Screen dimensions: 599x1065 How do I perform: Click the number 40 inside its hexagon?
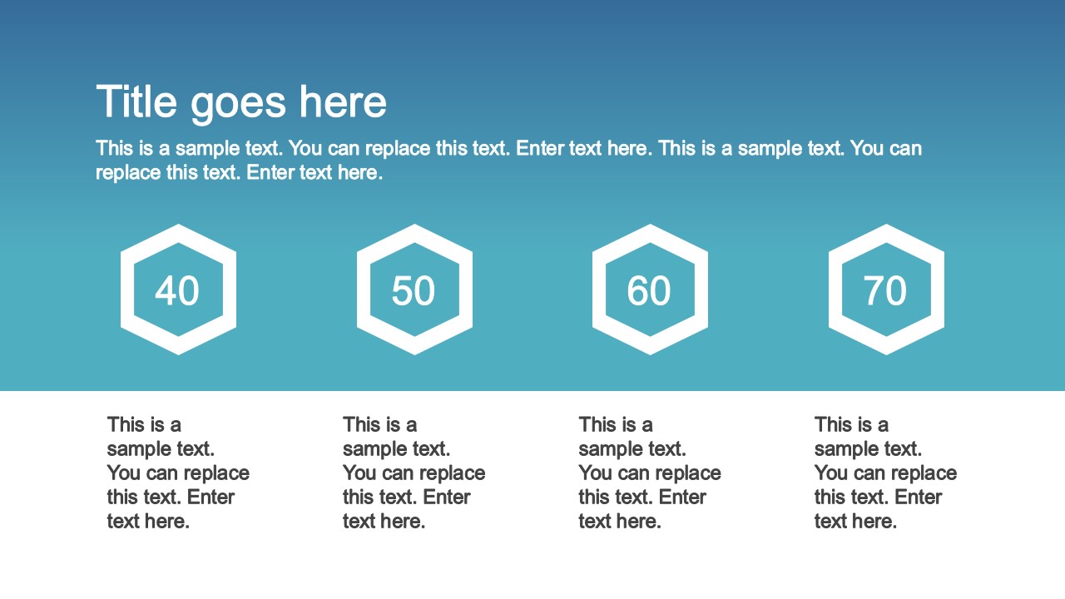tap(177, 291)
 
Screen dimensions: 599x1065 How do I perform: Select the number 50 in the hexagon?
tap(414, 291)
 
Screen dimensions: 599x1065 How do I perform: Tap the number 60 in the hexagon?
tap(649, 291)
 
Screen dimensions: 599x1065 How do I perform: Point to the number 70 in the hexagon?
tap(885, 291)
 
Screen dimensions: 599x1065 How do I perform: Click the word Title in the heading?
tap(136, 102)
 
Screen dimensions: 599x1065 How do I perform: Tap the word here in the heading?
tap(343, 102)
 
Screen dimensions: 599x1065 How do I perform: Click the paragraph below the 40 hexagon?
tap(178, 473)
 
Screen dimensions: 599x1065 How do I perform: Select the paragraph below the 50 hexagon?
tap(414, 473)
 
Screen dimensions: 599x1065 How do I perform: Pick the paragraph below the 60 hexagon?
tap(650, 473)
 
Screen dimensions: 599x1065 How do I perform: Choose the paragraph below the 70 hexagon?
tap(885, 473)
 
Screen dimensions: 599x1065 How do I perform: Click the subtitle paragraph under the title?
tap(508, 160)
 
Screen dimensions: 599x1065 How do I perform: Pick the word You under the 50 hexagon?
tap(359, 473)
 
